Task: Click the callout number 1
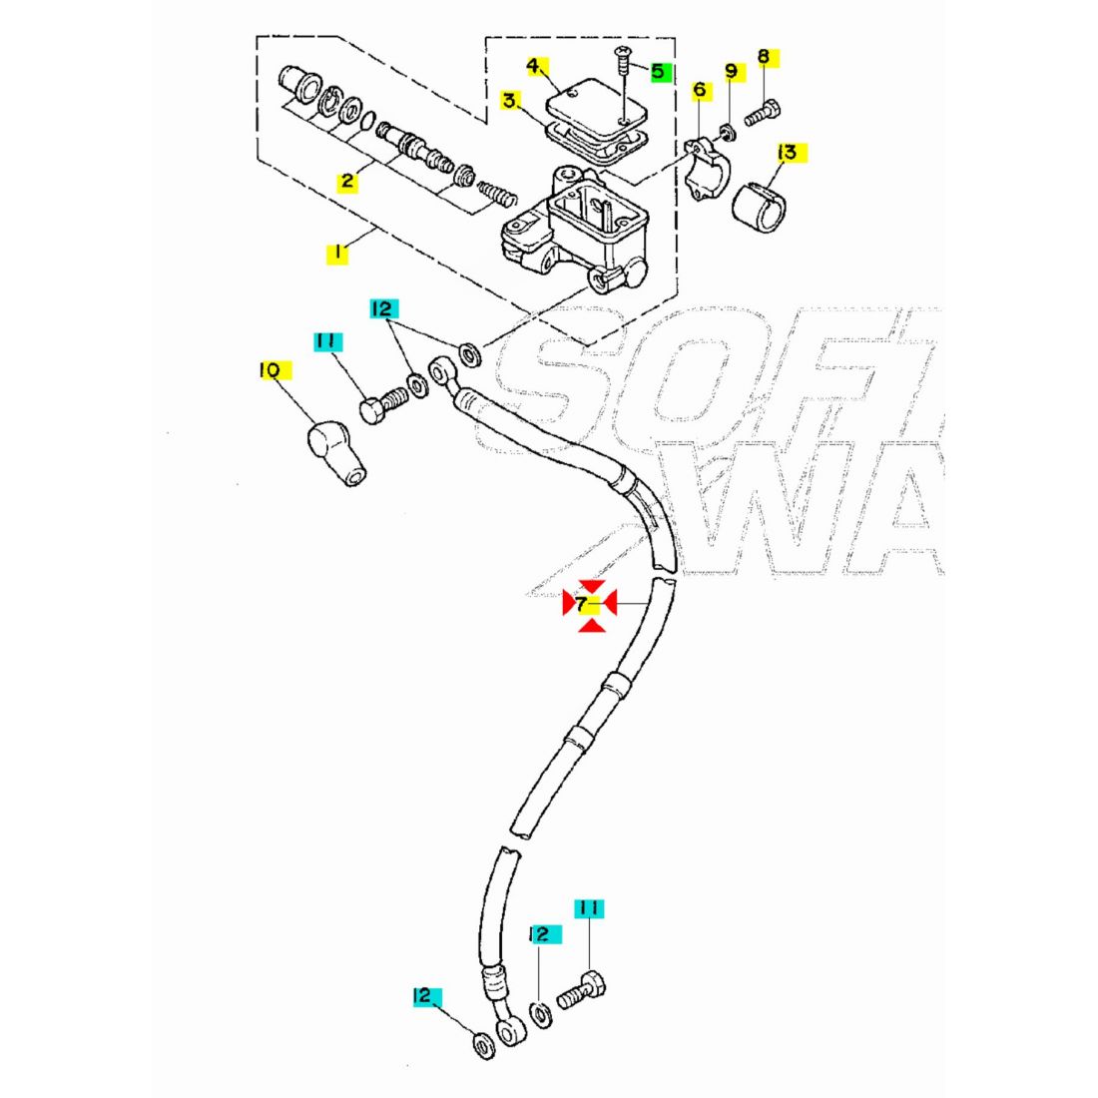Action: (x=337, y=253)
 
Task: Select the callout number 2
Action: (x=347, y=181)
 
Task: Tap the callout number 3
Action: (x=510, y=101)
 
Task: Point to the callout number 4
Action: (x=534, y=66)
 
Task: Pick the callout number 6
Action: (x=699, y=90)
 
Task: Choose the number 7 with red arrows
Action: (x=582, y=603)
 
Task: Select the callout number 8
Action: (x=764, y=57)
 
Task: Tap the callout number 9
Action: (x=731, y=71)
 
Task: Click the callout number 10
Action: (x=269, y=371)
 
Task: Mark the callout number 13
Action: (x=788, y=152)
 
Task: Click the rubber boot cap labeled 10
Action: (x=338, y=453)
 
